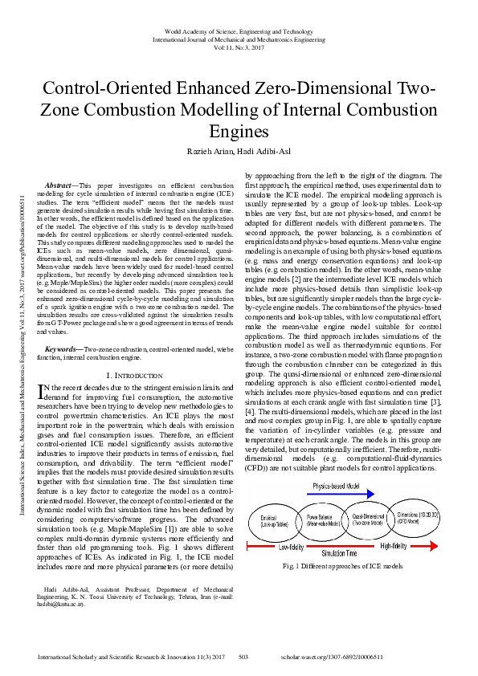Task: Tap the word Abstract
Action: [x=60, y=185]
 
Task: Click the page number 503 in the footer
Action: [x=243, y=657]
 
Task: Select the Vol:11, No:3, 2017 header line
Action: [x=239, y=47]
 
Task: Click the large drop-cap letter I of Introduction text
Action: [x=43, y=390]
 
